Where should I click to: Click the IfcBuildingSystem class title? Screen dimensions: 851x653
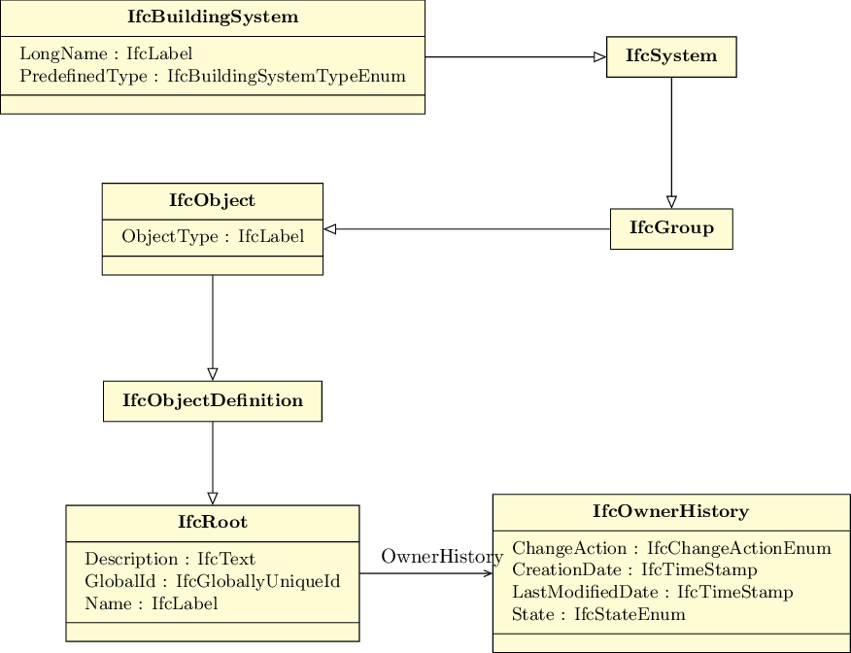pos(213,17)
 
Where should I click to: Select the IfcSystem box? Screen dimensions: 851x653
pos(671,57)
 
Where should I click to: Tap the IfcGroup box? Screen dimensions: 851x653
pos(671,229)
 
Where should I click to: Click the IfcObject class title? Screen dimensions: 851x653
pos(212,200)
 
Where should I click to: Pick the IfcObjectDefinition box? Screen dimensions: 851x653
pos(213,401)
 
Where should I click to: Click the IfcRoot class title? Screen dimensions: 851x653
pos(213,522)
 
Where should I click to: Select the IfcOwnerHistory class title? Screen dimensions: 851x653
pos(671,511)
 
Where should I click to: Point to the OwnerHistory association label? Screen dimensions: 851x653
pos(442,557)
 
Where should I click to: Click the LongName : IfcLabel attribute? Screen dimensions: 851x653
pos(106,53)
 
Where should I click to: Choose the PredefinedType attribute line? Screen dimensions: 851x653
pos(213,76)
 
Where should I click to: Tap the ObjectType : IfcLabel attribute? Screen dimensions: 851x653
pos(213,237)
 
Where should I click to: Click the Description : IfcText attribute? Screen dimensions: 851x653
pos(170,559)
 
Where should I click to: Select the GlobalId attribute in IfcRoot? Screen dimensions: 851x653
pos(212,581)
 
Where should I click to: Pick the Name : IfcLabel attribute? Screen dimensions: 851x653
pos(151,603)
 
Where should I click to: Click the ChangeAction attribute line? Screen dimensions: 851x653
pos(671,548)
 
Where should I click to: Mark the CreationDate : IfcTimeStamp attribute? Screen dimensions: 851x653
pos(634,570)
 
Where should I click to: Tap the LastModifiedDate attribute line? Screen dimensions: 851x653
pos(653,592)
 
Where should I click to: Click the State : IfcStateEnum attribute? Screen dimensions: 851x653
pos(598,614)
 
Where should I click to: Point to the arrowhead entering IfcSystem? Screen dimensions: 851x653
pos(600,57)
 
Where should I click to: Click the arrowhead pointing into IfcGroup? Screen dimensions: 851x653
pos(671,202)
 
